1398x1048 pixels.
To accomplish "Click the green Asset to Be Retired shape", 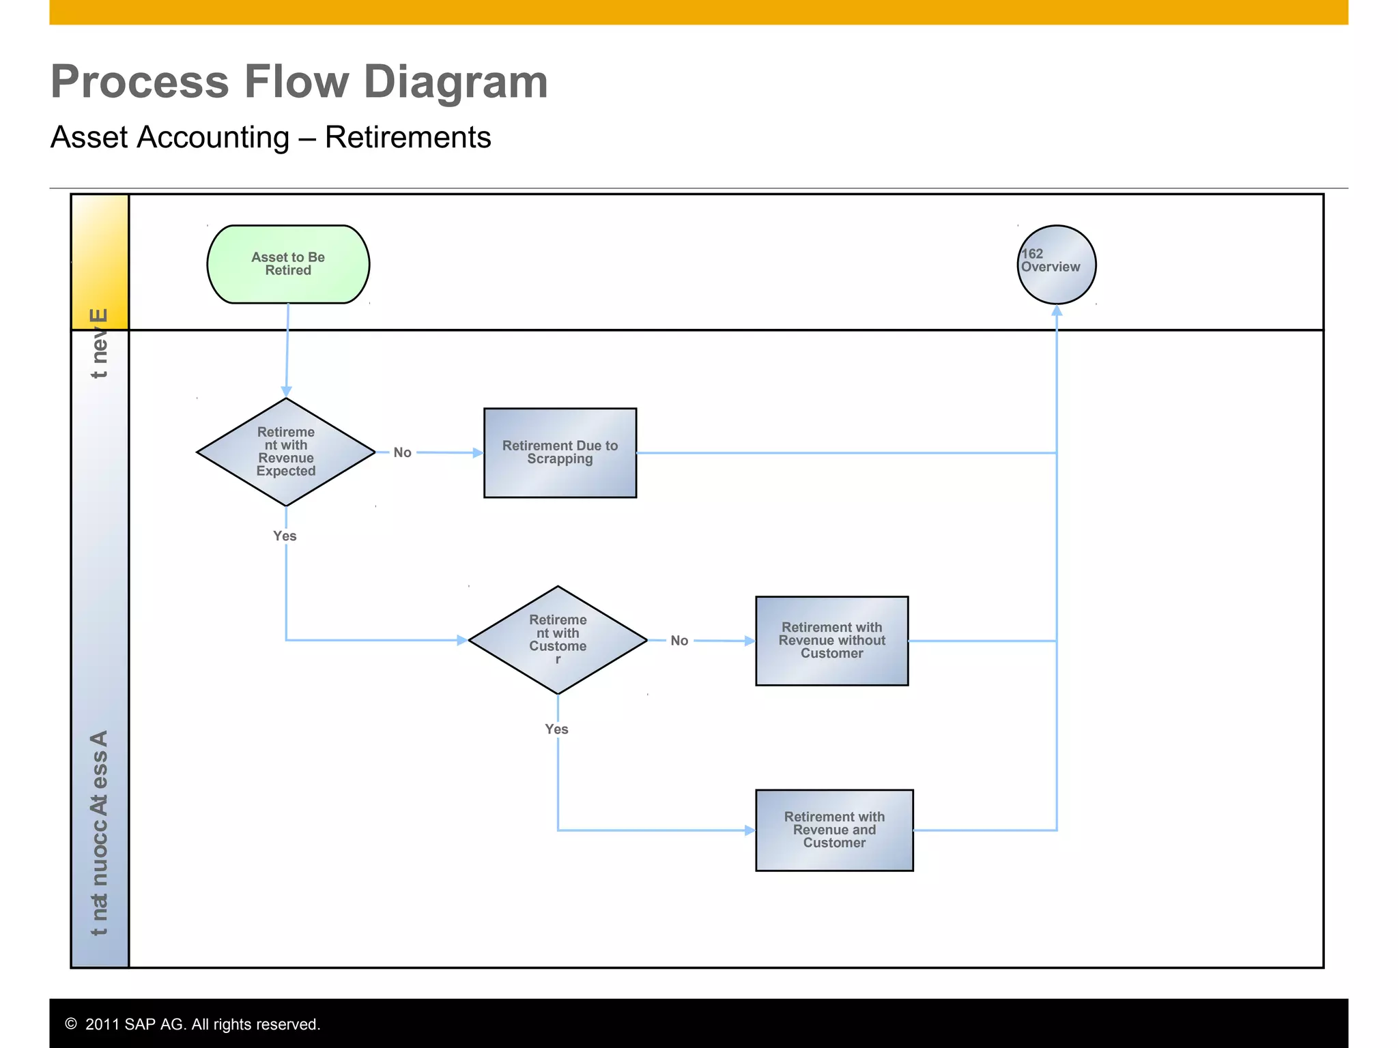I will tap(288, 264).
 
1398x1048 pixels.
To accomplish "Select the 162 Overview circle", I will tap(1056, 264).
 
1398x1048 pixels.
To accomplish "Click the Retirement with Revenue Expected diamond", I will tap(285, 452).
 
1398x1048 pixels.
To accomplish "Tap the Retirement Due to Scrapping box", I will tap(560, 452).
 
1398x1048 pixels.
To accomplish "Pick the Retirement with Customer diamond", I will tap(557, 640).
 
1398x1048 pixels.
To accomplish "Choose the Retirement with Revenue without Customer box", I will tap(831, 641).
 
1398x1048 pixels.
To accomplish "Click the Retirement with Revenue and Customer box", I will tap(833, 830).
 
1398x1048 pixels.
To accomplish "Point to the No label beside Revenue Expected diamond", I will tap(402, 452).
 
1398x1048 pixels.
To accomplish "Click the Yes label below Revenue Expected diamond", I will tap(285, 536).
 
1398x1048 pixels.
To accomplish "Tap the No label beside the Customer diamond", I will tap(679, 641).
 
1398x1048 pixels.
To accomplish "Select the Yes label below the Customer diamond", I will tap(556, 729).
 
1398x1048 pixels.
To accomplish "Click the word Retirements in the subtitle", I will tap(408, 137).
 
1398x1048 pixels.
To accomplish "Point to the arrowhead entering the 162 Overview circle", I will tap(1057, 310).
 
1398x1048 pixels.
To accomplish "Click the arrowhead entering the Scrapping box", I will tap(478, 452).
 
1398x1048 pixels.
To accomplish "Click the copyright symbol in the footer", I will tap(71, 1023).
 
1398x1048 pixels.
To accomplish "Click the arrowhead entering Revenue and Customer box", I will tap(750, 830).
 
